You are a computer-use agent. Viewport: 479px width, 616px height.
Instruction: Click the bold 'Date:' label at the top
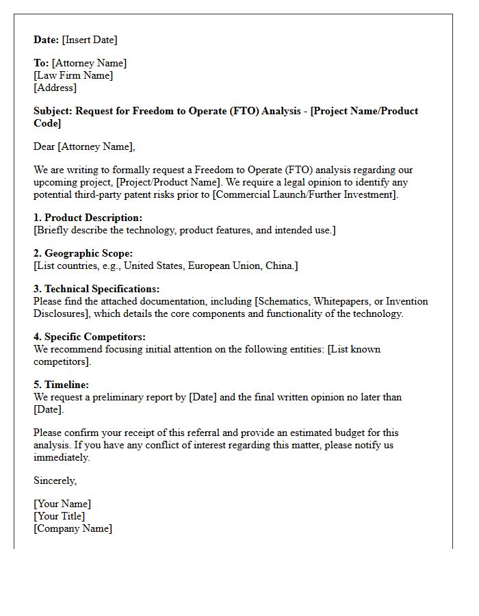[x=47, y=40]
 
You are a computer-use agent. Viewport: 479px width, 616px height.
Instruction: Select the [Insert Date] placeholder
[x=90, y=40]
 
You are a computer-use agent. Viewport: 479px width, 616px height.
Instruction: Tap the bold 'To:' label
[x=41, y=63]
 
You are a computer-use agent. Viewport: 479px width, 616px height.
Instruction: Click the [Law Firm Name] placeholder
[x=73, y=75]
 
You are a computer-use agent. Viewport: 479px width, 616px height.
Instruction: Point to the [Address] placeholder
[x=55, y=88]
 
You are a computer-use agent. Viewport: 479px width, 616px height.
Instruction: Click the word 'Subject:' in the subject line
[x=53, y=111]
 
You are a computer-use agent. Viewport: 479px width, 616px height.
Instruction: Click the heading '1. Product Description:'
[x=88, y=218]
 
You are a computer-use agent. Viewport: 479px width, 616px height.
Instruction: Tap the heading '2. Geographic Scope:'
[x=83, y=253]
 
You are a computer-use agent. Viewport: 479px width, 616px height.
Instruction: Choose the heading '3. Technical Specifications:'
[x=96, y=289]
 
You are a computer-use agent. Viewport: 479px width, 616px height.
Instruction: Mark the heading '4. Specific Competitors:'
[x=89, y=337]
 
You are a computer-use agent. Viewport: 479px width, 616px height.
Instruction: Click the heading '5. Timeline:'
[x=61, y=385]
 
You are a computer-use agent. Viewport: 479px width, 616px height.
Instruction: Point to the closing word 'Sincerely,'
[x=55, y=480]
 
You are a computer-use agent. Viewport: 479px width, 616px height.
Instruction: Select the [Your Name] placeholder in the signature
[x=62, y=504]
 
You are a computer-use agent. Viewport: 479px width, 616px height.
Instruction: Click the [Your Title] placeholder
[x=60, y=516]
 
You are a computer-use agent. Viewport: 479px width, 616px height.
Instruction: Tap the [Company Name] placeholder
[x=73, y=528]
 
